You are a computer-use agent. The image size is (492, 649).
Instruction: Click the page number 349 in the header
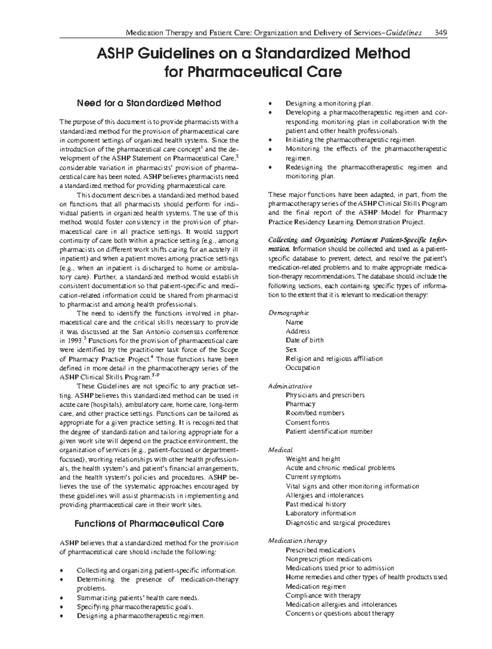coord(441,33)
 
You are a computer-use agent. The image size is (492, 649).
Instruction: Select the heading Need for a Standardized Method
coord(149,103)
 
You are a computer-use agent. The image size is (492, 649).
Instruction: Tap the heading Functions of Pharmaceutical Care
coord(149,524)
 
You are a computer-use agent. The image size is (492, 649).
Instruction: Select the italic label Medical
coord(280,450)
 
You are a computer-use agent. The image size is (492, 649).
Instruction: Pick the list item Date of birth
coord(304,340)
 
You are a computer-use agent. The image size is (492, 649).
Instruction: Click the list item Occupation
coord(303,368)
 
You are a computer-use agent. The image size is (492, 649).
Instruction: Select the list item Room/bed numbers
coord(314,413)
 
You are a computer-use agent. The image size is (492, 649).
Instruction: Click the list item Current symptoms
coord(313,477)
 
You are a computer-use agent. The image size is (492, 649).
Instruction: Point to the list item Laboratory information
coord(320,513)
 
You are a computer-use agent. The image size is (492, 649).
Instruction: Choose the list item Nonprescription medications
coord(328,559)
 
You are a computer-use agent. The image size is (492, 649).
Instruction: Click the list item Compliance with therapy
coord(323,595)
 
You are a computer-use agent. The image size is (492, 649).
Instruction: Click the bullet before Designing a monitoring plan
coord(269,104)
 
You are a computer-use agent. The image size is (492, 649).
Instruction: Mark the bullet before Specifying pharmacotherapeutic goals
coord(61,608)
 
